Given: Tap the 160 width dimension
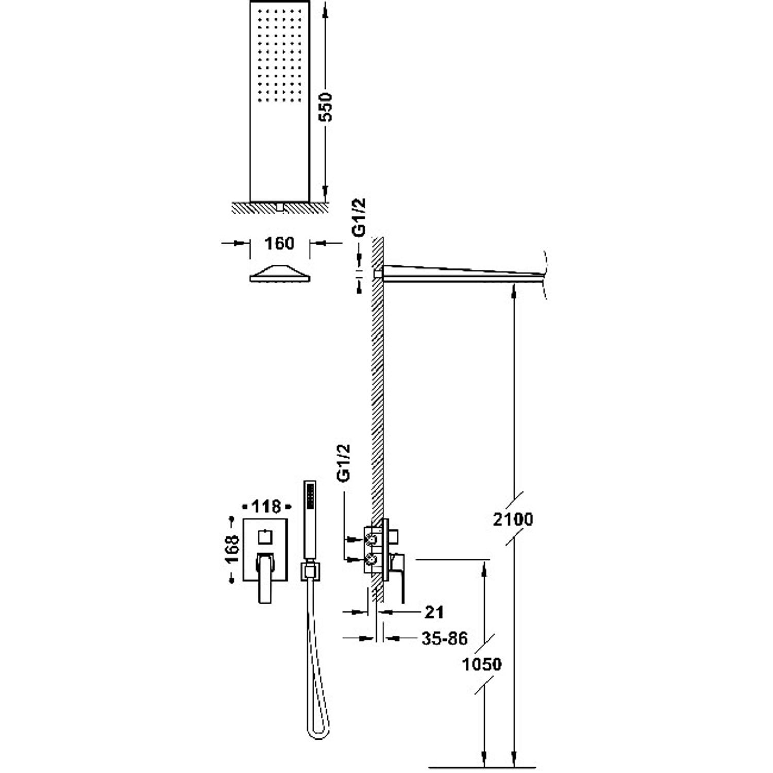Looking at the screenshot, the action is (279, 243).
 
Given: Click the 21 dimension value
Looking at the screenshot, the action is (434, 612).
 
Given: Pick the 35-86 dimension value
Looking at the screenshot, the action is (444, 639).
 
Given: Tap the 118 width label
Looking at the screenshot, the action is (267, 507).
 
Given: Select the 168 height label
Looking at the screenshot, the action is (233, 550).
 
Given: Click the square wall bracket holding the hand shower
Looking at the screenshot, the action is (309, 570).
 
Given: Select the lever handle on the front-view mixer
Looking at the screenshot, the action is (264, 577).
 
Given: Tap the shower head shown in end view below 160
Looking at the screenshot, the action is (280, 274).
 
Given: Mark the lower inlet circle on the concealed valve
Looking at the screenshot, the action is (369, 558).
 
